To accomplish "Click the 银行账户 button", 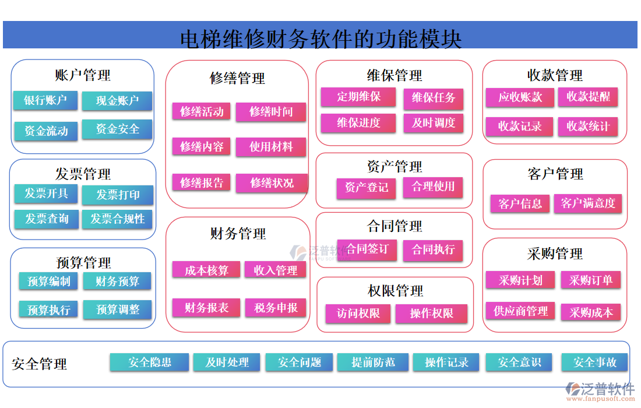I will tap(45, 100).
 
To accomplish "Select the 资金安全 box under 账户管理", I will tap(117, 129).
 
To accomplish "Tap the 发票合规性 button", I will tap(117, 219).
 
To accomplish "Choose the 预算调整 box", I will tap(117, 309).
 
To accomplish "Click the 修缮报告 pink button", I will tap(201, 182).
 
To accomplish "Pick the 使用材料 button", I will tap(271, 147).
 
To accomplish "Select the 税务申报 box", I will tap(276, 308).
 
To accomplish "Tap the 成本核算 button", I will tap(206, 270).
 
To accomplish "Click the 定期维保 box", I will tap(358, 97).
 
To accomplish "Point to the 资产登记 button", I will tap(366, 188).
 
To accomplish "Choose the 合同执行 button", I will tap(433, 249).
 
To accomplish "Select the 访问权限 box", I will tap(358, 314).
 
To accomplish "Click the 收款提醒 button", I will tap(588, 97).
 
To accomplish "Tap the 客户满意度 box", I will tap(588, 203).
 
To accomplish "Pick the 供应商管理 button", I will tap(520, 311).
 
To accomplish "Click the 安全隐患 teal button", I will tap(149, 362).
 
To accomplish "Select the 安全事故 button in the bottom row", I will tap(594, 362).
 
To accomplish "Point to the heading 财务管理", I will tap(238, 234).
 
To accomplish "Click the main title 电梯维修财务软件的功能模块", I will tap(320, 38).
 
